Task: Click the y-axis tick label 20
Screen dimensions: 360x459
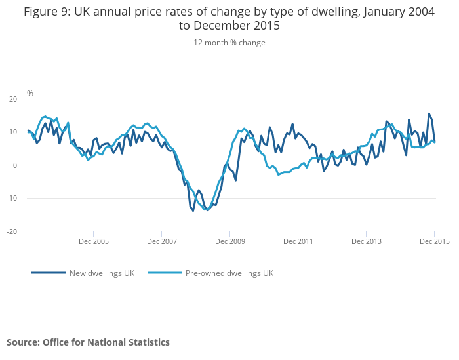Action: click(x=13, y=99)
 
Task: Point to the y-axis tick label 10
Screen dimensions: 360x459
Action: click(x=13, y=132)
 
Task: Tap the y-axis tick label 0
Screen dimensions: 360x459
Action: click(x=15, y=165)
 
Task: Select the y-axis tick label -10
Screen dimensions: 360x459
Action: click(x=12, y=198)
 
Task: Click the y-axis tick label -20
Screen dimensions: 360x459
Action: click(x=12, y=231)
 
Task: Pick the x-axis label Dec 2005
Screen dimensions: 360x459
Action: click(x=93, y=241)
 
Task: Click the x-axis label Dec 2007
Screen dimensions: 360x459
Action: click(x=161, y=241)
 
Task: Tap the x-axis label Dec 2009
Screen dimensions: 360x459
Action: click(x=229, y=241)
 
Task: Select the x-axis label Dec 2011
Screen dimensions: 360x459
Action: click(x=298, y=241)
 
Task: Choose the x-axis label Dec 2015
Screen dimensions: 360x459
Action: click(x=433, y=241)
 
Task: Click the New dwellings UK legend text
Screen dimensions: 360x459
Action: click(x=102, y=273)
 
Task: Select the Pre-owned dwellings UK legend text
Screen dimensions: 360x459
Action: click(x=229, y=273)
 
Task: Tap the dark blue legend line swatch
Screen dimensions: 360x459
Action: click(x=49, y=273)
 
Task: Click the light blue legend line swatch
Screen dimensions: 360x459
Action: click(x=165, y=273)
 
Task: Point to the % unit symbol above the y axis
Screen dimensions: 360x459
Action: click(x=30, y=94)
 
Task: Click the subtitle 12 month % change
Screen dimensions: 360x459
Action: click(x=229, y=43)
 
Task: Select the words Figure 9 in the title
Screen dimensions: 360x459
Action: click(x=47, y=11)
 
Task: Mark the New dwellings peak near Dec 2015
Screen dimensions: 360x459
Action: click(x=429, y=114)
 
